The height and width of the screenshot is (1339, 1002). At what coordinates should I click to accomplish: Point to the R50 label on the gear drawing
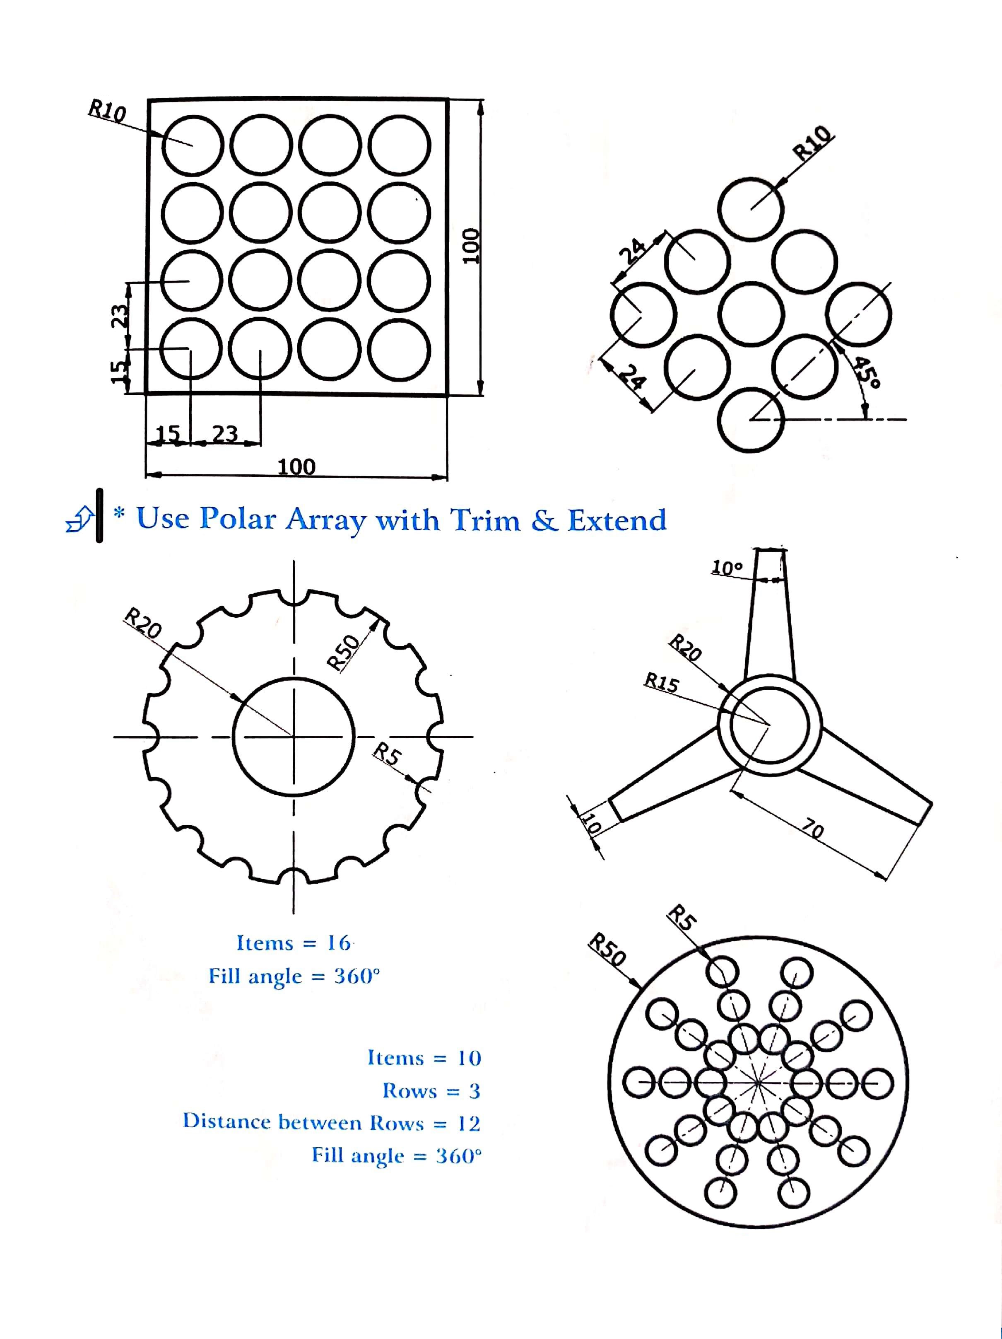coord(343,652)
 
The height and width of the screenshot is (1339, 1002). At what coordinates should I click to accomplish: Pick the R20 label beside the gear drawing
coord(143,624)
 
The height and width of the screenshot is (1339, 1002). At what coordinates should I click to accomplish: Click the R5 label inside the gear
coord(387,755)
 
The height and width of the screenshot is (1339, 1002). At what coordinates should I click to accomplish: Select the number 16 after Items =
coord(338,943)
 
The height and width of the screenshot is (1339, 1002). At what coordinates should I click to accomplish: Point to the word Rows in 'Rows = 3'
coord(409,1091)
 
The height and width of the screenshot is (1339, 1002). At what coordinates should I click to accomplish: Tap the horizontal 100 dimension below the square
coord(296,467)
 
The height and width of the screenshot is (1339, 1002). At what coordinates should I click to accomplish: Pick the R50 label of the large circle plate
coord(607,950)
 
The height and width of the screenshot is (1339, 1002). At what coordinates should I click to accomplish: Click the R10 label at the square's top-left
coord(107,111)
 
